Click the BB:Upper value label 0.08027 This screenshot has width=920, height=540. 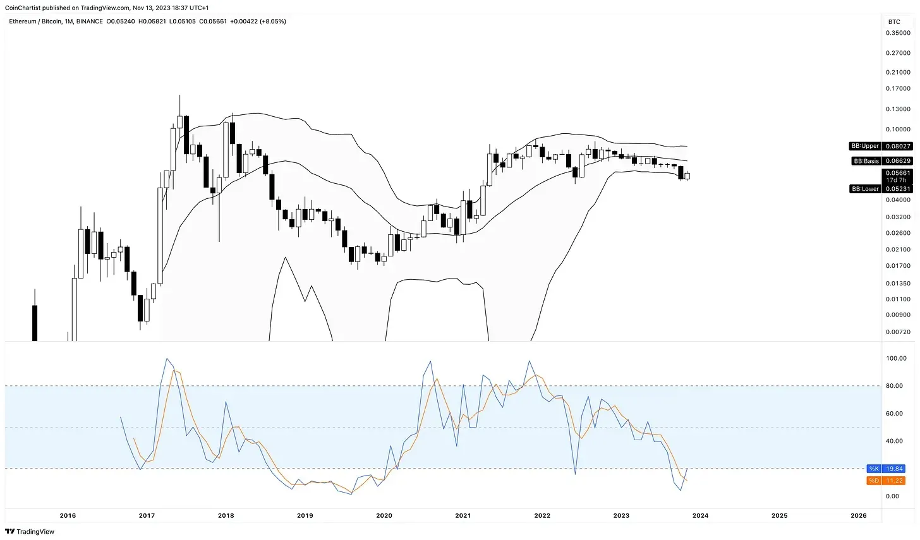pos(897,146)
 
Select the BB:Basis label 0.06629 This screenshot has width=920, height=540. pos(897,161)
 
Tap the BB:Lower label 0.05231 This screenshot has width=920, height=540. pos(897,189)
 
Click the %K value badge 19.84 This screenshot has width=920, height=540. pos(895,469)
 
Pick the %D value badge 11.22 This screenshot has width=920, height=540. pos(895,481)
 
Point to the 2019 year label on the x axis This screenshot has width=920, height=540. pos(305,515)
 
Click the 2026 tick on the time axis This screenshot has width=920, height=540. pos(859,515)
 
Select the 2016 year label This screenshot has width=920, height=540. pos(68,515)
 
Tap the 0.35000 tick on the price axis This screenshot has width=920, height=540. pos(897,33)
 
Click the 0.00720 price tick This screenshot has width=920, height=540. pos(897,332)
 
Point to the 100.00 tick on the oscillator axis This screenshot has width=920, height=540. pos(896,358)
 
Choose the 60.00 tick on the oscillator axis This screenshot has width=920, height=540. pos(895,414)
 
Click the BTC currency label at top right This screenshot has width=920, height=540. pos(894,21)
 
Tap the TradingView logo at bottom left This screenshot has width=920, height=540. pos(30,532)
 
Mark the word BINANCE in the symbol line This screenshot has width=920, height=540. pos(90,21)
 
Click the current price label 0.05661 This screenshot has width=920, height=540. pos(897,173)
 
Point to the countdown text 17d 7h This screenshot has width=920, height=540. pos(896,181)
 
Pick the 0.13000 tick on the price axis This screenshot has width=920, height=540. pos(897,109)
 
